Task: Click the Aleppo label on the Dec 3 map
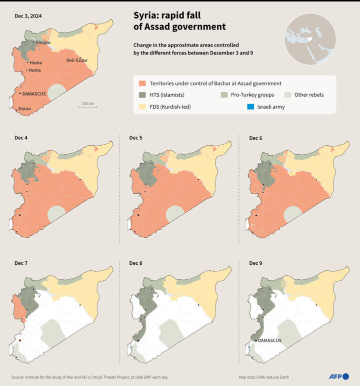[x=42, y=43]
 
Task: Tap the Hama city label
[x=35, y=63]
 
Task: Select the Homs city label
[x=35, y=70]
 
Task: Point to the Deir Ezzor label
[x=76, y=60]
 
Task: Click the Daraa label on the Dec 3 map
[x=24, y=109]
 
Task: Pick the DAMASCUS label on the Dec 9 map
[x=270, y=341]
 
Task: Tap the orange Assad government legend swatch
[x=142, y=83]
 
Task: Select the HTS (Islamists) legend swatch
[x=142, y=95]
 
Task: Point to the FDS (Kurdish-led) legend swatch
[x=142, y=107]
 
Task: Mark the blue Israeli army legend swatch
[x=251, y=107]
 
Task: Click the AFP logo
[x=338, y=376]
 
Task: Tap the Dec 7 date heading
[x=21, y=263]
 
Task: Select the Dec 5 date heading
[x=136, y=138]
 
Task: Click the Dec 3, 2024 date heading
[x=28, y=16]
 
